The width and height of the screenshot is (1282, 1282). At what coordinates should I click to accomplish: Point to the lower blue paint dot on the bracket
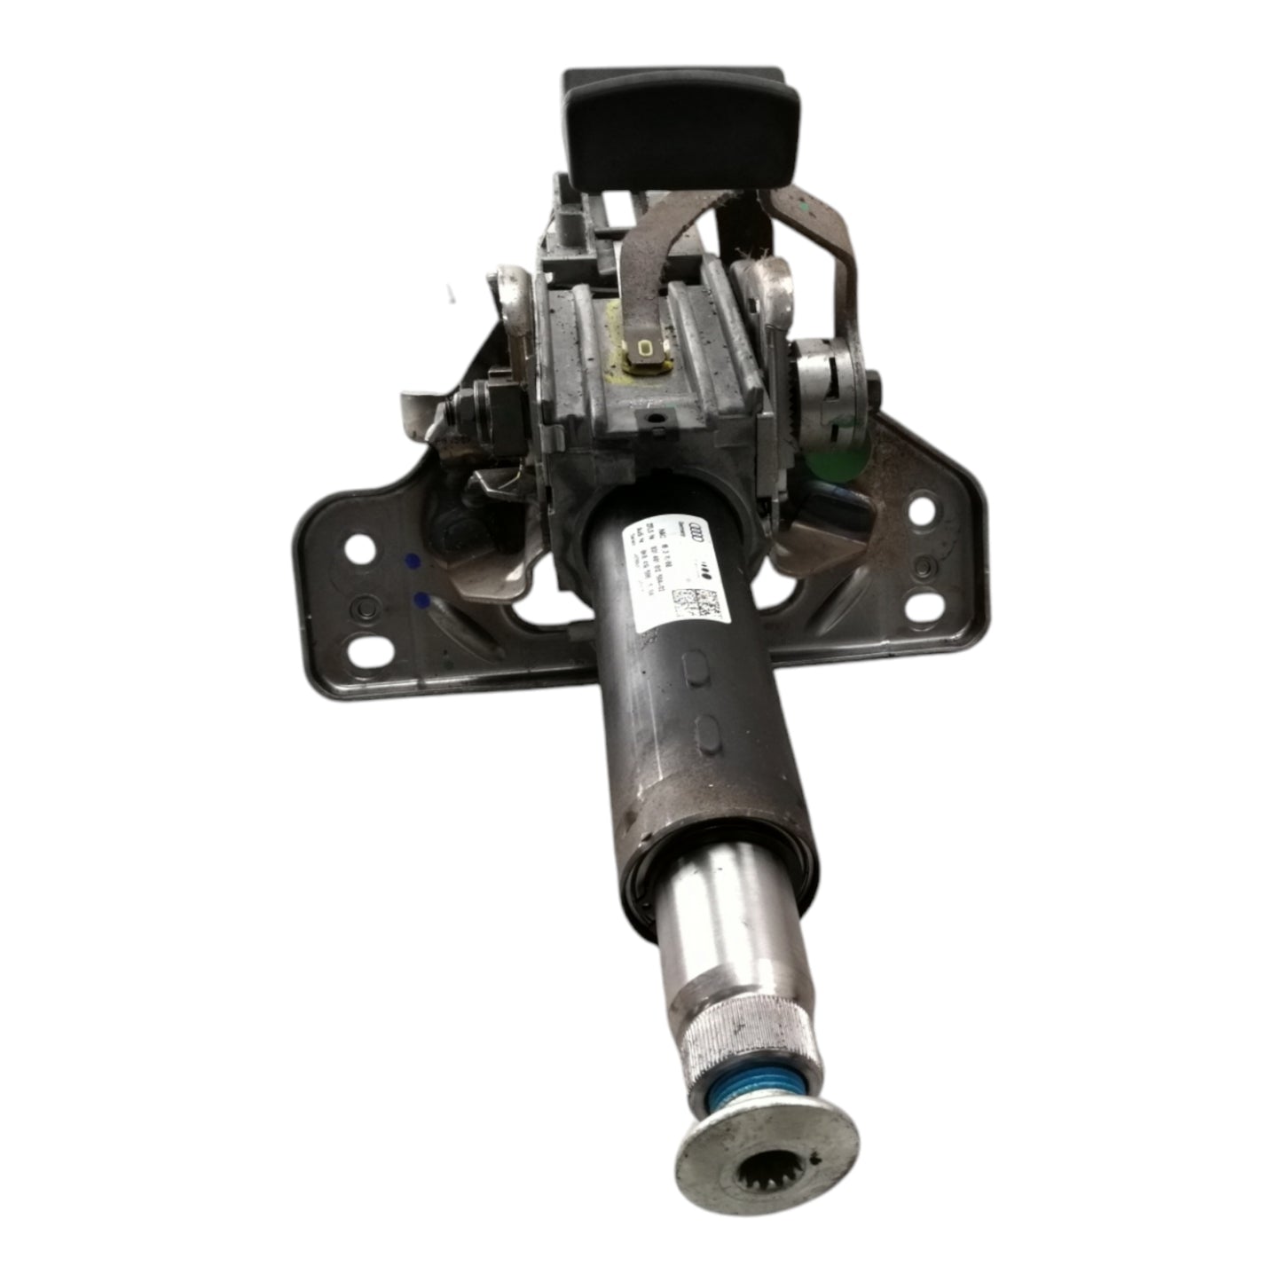click(423, 601)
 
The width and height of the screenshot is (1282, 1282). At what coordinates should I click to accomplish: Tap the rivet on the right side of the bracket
click(924, 565)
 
